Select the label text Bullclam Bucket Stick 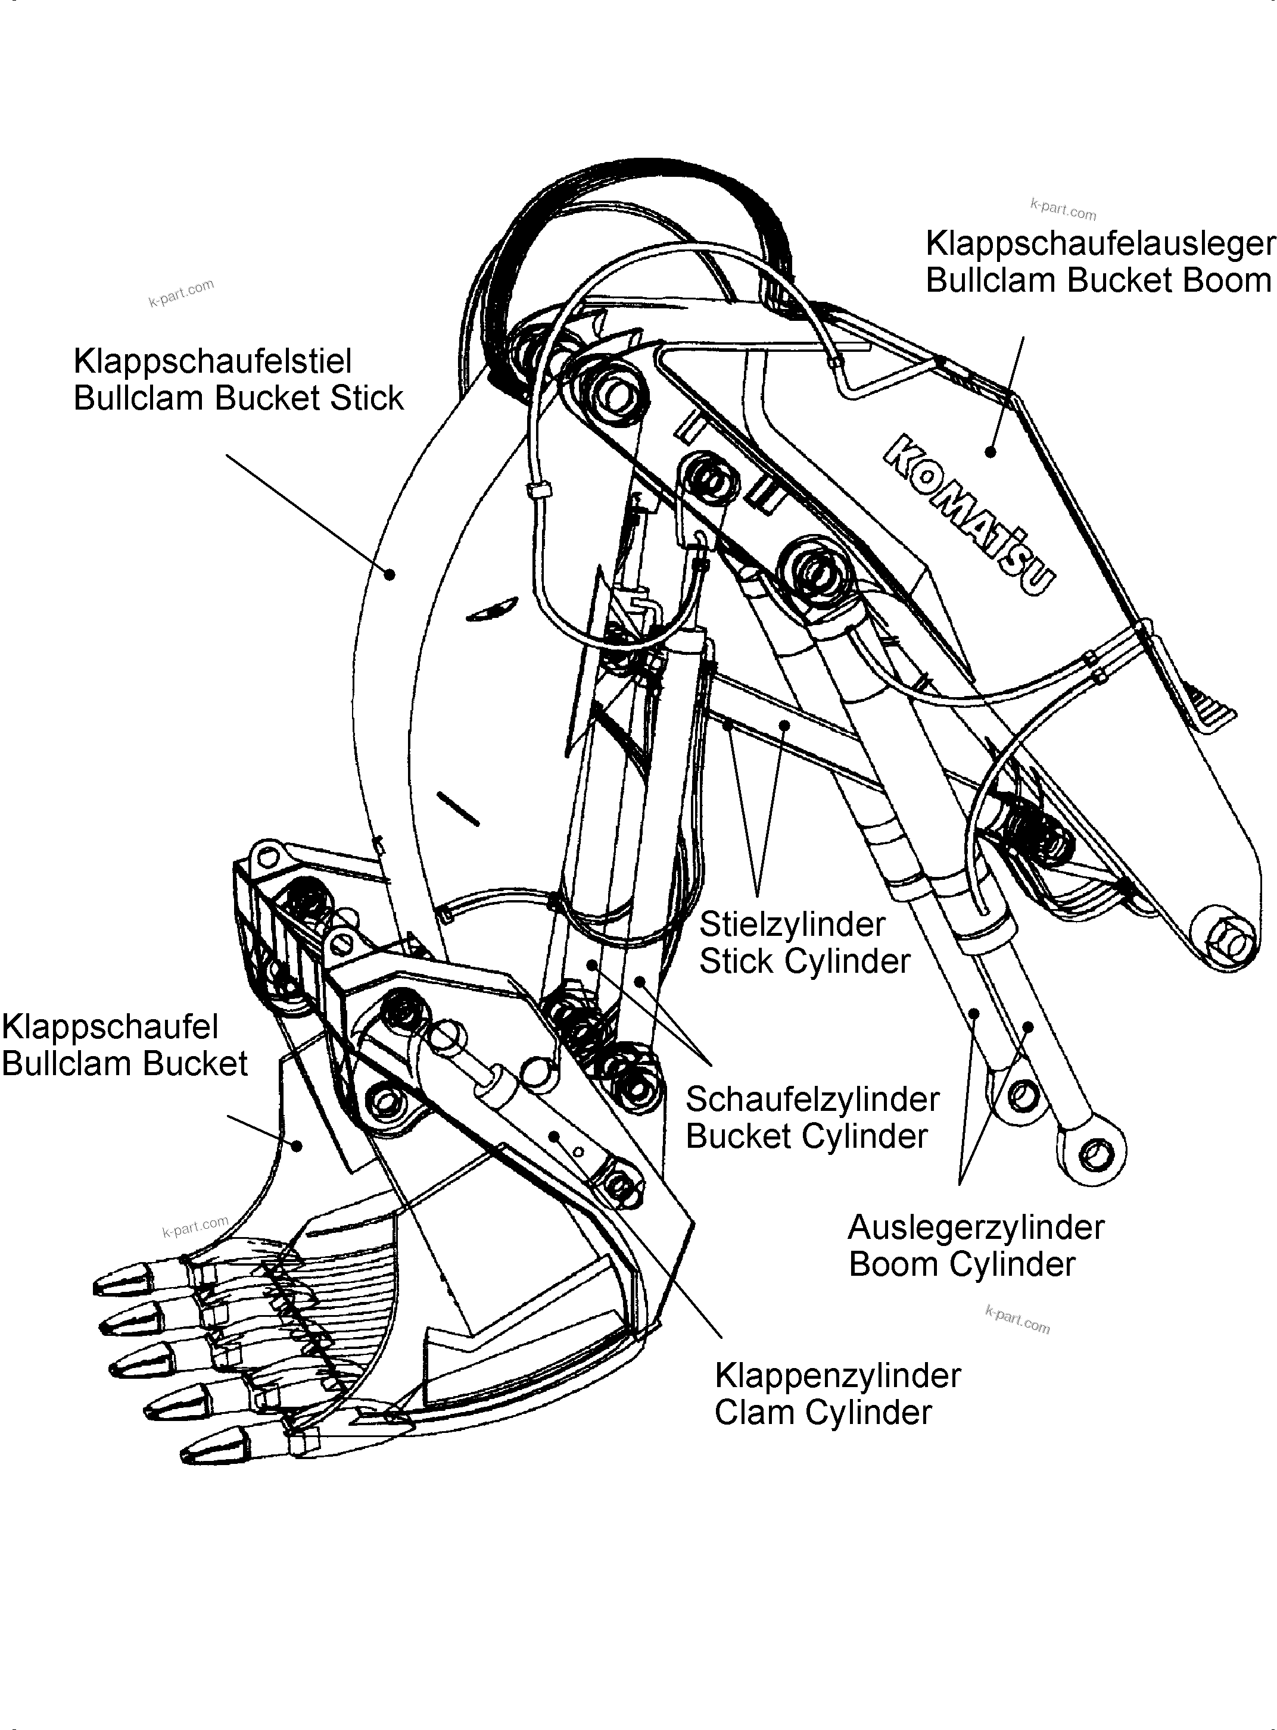(x=238, y=398)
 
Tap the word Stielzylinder (x=792, y=924)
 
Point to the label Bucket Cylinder (x=806, y=1136)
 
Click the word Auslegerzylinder (x=976, y=1227)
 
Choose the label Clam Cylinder (x=823, y=1413)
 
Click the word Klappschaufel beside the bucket (x=110, y=1027)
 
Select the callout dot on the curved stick (x=391, y=574)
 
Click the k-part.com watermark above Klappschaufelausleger (x=1063, y=208)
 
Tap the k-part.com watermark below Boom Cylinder (x=1017, y=1320)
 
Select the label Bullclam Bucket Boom (x=1098, y=280)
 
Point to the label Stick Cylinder (x=804, y=961)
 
